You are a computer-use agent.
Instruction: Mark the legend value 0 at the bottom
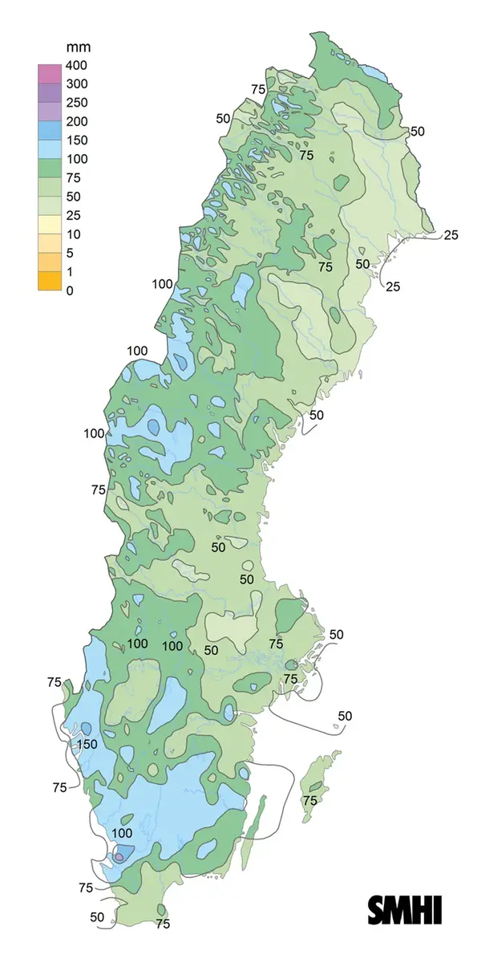tap(70, 291)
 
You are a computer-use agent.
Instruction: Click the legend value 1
tap(70, 272)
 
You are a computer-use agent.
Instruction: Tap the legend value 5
tap(70, 253)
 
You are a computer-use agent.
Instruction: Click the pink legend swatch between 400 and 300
tap(50, 75)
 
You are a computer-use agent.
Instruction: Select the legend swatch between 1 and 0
tap(50, 281)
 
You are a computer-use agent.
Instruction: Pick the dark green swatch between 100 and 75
tap(50, 169)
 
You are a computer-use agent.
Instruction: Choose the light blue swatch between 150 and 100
tap(50, 149)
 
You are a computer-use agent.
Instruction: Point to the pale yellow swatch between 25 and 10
tap(50, 225)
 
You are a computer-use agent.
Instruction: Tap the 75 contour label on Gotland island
tap(310, 800)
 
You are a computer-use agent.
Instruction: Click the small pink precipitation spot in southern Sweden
tap(119, 857)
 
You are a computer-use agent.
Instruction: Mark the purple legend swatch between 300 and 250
tap(50, 93)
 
